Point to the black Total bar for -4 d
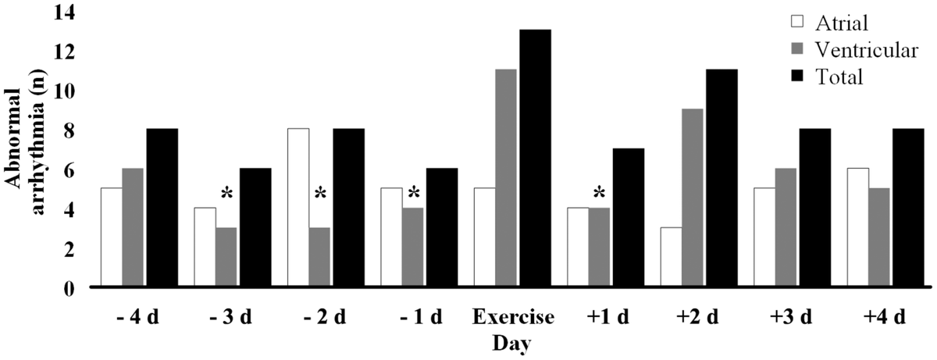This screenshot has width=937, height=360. [162, 208]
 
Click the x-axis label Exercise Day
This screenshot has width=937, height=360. [513, 329]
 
